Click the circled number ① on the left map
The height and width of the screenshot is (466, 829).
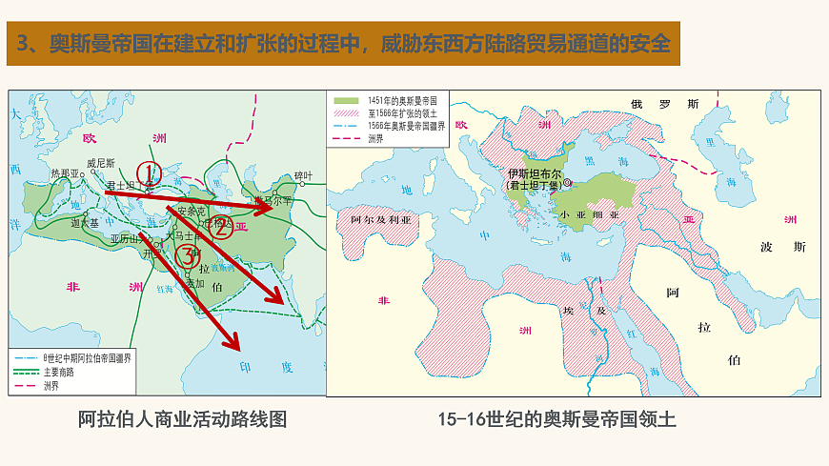147,172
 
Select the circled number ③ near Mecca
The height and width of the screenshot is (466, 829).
188,255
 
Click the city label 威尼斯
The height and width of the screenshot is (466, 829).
100,163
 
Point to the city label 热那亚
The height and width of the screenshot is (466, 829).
65,174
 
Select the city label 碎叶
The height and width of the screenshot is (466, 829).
303,175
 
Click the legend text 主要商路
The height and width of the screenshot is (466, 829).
58,373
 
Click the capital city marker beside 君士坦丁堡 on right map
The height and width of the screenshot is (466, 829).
568,182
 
